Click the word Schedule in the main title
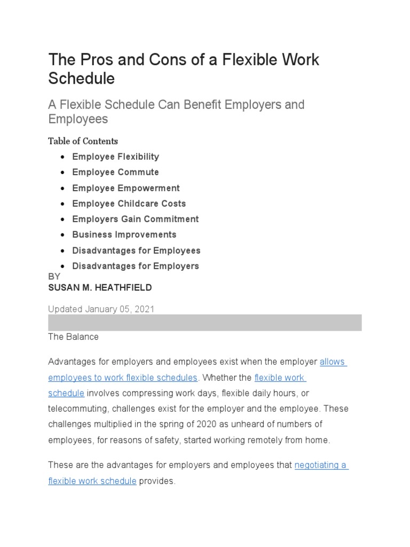[81, 78]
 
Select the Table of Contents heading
[83, 141]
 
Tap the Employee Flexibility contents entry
[115, 157]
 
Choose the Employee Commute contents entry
[115, 172]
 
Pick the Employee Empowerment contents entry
[125, 188]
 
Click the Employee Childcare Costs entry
[129, 204]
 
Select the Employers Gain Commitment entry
[135, 219]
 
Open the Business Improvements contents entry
[124, 235]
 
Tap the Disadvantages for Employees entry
[136, 251]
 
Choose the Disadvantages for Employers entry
[136, 266]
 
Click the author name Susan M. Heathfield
[100, 287]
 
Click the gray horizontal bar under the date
[205, 323]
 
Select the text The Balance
[73, 337]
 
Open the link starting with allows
[333, 362]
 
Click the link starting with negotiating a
[321, 465]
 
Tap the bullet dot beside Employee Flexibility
[63, 157]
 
